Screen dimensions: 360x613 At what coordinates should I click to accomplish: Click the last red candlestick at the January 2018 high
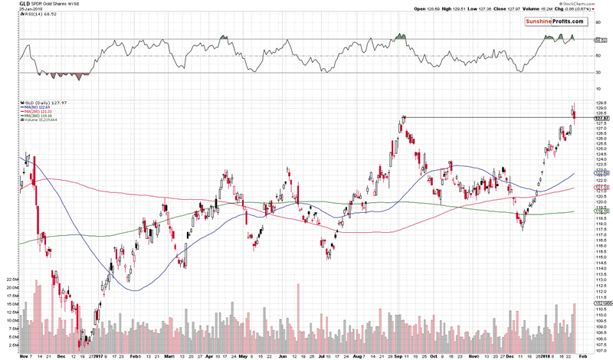coord(575,114)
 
